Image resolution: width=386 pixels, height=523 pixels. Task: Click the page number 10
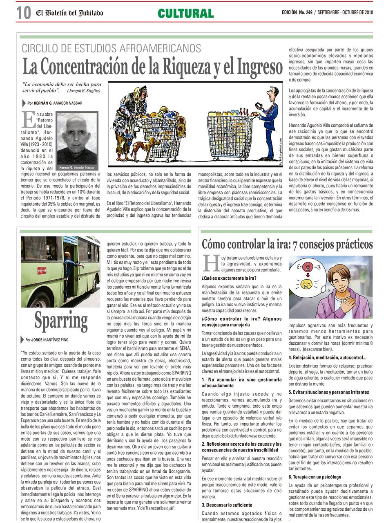(x=24, y=13)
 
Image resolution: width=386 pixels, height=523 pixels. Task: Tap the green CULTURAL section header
(x=186, y=13)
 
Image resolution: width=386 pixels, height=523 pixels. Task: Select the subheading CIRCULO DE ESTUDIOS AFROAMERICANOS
(x=111, y=48)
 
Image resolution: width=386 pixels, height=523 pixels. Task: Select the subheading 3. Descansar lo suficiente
(x=227, y=505)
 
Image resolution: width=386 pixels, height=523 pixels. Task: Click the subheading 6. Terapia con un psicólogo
(x=315, y=477)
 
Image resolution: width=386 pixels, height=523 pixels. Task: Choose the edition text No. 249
(x=305, y=13)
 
